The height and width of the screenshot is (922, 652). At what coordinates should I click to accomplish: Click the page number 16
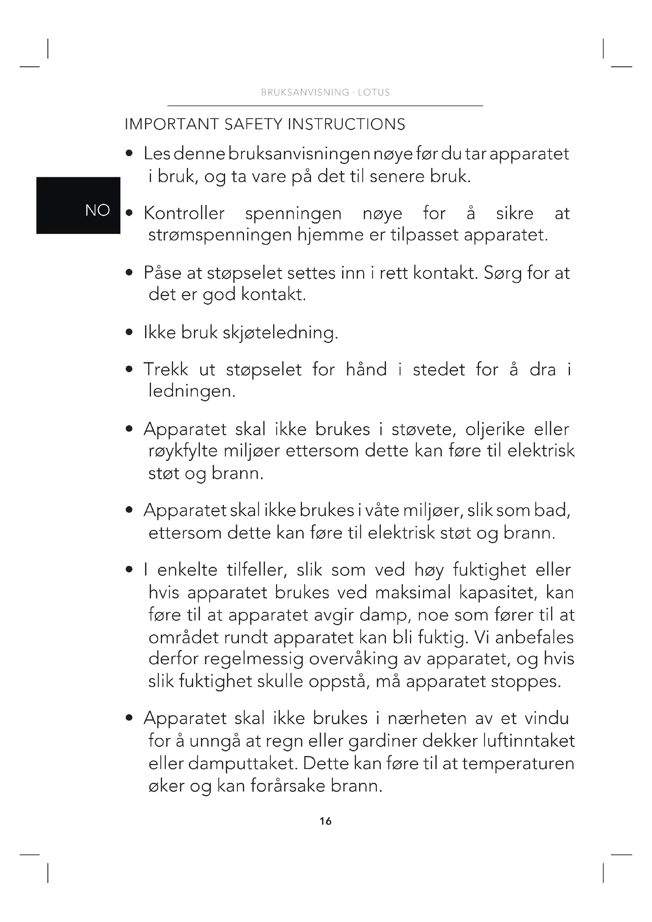point(326,821)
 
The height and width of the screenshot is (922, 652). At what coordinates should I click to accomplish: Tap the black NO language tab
point(78,205)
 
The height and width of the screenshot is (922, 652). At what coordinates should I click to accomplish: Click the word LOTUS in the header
point(374,92)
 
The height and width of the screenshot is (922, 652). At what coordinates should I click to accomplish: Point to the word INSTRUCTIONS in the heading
point(346,124)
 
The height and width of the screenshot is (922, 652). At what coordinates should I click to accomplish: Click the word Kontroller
point(184,213)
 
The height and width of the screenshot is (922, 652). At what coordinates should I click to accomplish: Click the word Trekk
point(166,369)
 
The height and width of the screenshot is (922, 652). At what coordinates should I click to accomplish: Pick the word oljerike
point(495,429)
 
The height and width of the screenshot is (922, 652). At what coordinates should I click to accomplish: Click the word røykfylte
point(183,451)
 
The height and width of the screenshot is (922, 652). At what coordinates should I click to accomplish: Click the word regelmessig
point(253,659)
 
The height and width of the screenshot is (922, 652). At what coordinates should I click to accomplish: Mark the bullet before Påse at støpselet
point(129,273)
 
